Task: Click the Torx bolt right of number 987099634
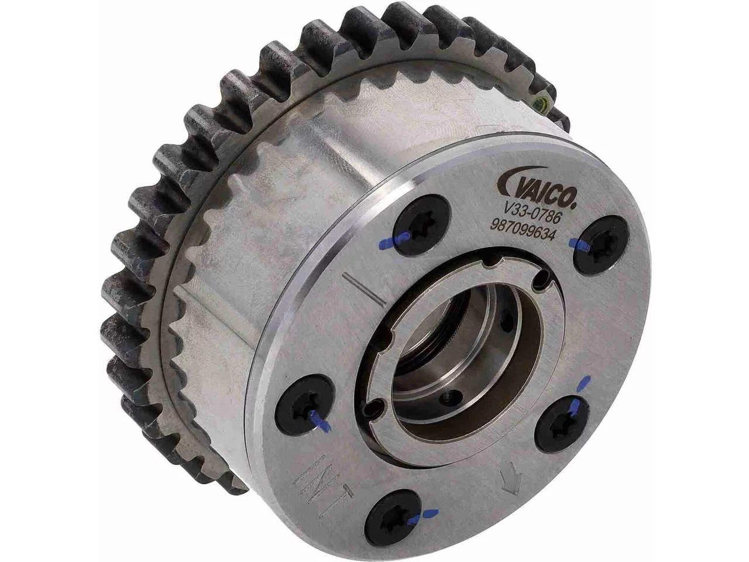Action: click(600, 245)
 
